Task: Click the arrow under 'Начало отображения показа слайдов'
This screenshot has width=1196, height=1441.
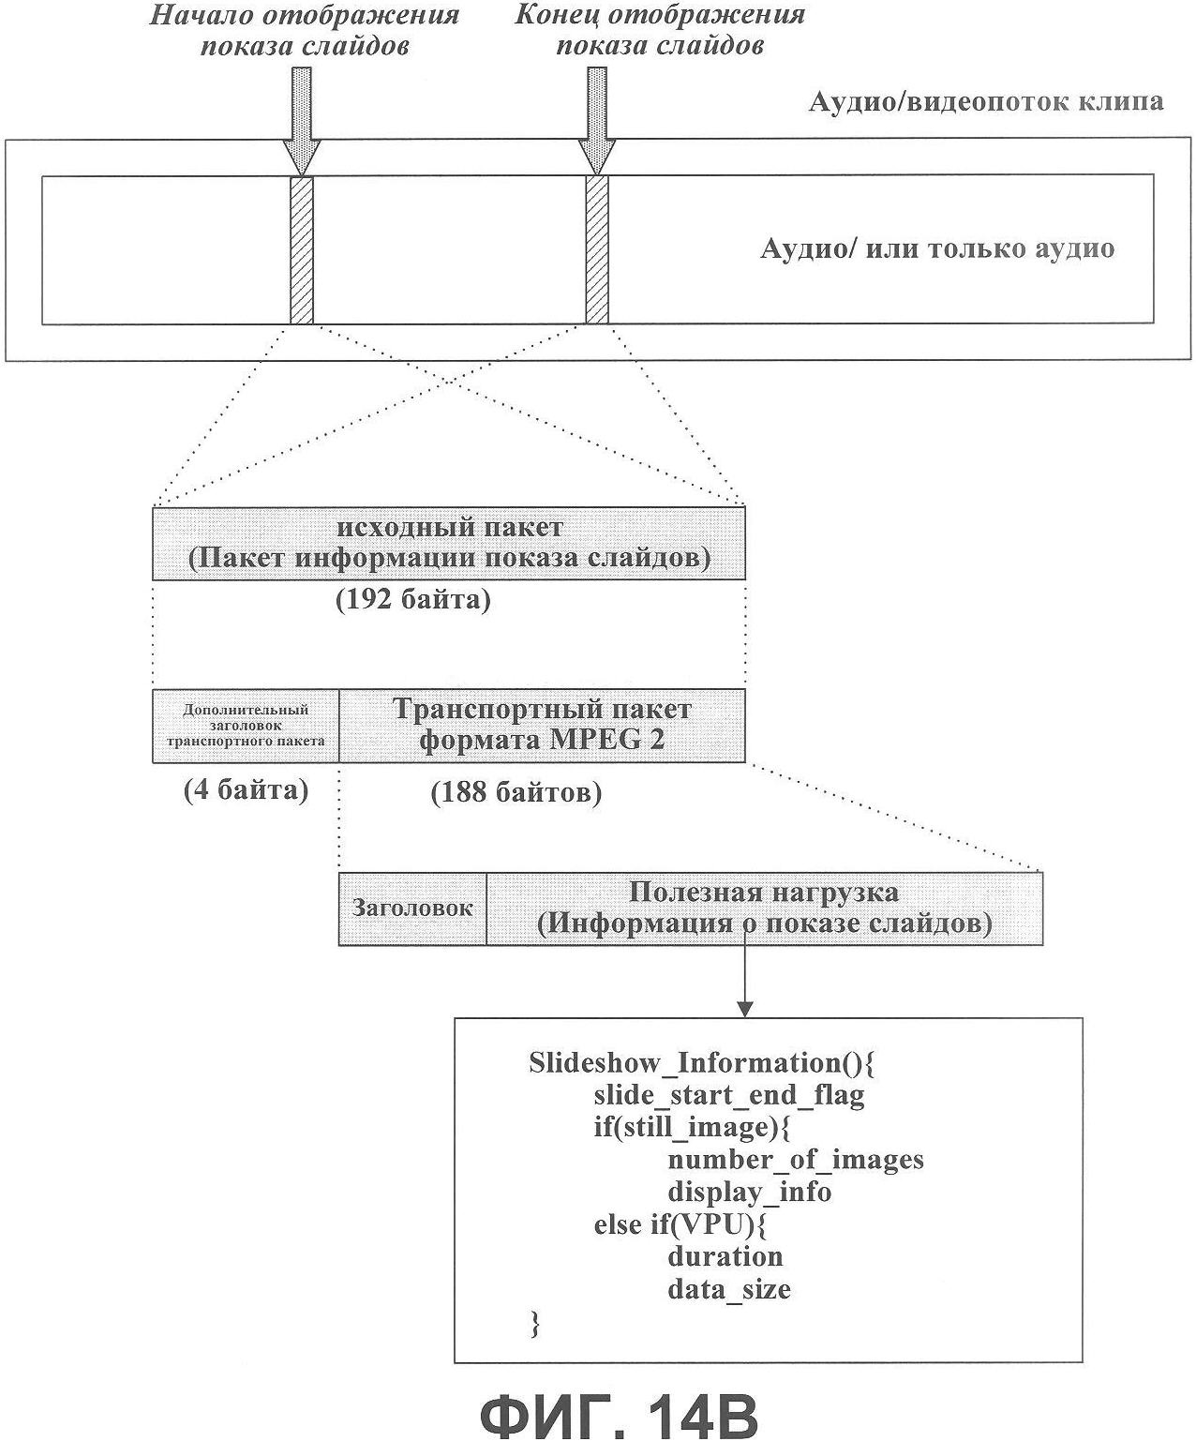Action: pos(302,121)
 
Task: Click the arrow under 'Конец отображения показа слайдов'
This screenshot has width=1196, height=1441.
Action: pos(597,121)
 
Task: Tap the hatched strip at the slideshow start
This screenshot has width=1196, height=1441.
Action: pos(302,250)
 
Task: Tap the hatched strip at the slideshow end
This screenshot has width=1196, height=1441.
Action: pos(597,250)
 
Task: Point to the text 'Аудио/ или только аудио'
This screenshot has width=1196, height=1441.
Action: pos(937,248)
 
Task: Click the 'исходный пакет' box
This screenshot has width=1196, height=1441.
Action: pos(449,544)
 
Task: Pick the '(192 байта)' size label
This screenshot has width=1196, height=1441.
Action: pos(412,600)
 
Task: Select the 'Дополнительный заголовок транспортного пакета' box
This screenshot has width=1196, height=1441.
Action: pos(246,726)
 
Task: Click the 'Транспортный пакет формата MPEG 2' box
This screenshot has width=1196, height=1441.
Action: pos(543,726)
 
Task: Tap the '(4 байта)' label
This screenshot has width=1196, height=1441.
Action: pos(246,790)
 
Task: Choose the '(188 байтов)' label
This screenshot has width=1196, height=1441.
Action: pos(516,792)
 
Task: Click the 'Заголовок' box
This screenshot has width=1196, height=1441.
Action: pos(412,908)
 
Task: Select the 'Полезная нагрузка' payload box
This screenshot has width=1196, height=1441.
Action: pos(765,908)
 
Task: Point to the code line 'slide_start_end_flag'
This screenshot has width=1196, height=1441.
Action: pos(729,1095)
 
